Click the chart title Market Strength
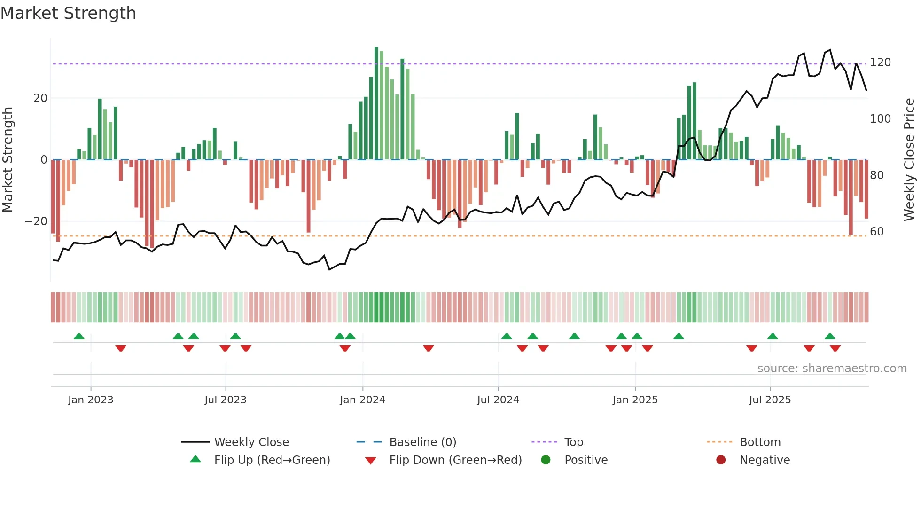68,13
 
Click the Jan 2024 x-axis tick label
362,400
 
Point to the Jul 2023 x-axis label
225,400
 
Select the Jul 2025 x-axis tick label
770,400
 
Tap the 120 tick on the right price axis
880,63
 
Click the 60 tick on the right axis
877,232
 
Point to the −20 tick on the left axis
36,221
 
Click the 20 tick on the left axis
40,98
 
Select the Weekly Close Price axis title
909,160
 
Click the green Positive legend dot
546,460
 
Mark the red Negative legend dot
721,460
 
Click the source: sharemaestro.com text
832,369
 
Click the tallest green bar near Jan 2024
376,103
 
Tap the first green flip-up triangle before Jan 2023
79,336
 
